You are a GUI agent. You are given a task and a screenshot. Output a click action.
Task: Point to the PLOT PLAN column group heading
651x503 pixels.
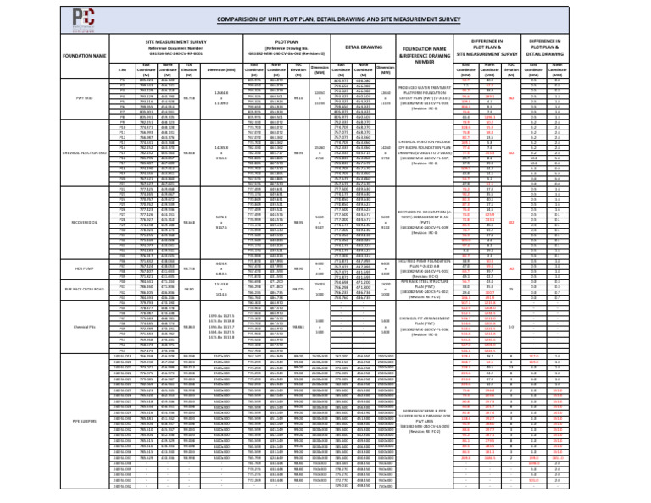(x=287, y=40)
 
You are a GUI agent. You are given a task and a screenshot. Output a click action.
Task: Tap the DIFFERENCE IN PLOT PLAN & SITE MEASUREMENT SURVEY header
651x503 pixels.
(x=487, y=47)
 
